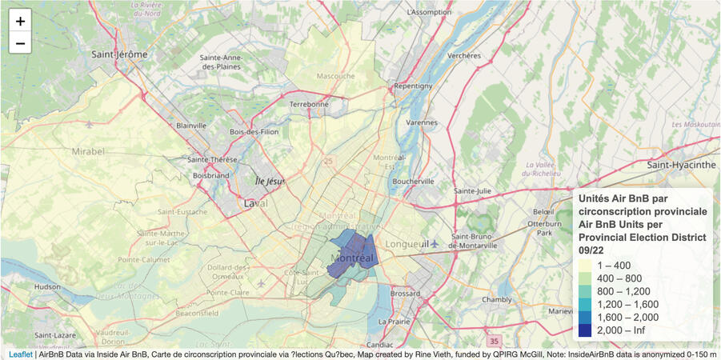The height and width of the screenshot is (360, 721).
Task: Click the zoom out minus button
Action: tap(20, 42)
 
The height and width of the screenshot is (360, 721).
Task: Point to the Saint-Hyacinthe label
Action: tap(681, 165)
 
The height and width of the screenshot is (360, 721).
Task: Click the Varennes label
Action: tap(421, 124)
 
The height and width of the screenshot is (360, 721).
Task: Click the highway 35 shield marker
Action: tap(495, 340)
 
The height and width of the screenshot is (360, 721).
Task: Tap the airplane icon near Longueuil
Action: tap(435, 243)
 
